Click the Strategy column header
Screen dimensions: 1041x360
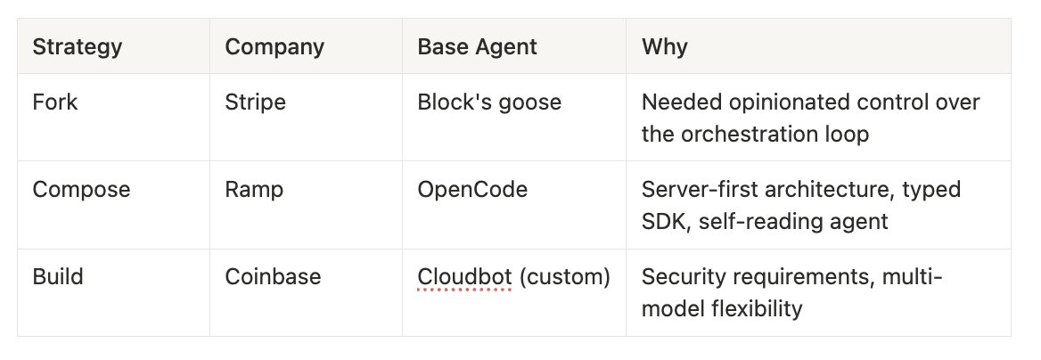click(x=77, y=46)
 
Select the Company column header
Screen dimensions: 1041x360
click(x=275, y=46)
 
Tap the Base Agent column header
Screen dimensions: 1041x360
click(x=478, y=46)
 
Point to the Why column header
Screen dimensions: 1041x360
click(x=665, y=46)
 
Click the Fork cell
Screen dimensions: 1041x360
click(x=55, y=102)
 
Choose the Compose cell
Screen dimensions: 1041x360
click(x=82, y=190)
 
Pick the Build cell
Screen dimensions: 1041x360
click(x=58, y=276)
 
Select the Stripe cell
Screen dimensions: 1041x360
click(x=256, y=102)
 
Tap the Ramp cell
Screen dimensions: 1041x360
click(x=254, y=190)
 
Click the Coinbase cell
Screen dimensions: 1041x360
click(x=273, y=276)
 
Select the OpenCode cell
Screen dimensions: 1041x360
click(x=472, y=190)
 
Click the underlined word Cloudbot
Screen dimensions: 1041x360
click(x=464, y=276)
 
